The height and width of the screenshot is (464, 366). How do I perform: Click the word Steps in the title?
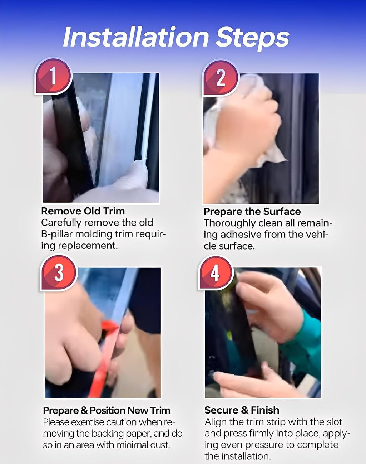[x=252, y=38]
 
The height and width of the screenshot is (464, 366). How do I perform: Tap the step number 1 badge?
[x=53, y=76]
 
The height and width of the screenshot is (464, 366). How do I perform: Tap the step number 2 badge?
[x=220, y=78]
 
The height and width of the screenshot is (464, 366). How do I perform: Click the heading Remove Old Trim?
[x=83, y=211]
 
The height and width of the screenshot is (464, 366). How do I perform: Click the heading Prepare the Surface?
[x=252, y=212]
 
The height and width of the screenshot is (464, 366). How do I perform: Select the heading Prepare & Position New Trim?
[x=107, y=411]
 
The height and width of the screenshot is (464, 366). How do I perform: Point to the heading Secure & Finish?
[x=242, y=410]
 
